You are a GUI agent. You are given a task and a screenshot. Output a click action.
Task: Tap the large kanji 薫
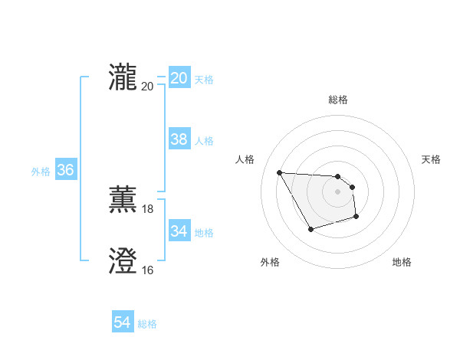click(x=123, y=200)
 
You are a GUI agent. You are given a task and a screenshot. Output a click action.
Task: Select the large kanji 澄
click(x=123, y=261)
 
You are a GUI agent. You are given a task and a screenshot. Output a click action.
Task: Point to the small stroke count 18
click(x=148, y=209)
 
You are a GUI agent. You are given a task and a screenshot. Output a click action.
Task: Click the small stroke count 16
click(x=148, y=270)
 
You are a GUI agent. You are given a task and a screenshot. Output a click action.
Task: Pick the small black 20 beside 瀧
click(x=148, y=86)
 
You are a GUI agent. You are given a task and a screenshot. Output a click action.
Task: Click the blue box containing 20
click(x=179, y=78)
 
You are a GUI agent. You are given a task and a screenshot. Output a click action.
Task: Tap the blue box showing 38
click(x=179, y=139)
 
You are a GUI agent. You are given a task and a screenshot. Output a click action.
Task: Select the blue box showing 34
click(x=179, y=231)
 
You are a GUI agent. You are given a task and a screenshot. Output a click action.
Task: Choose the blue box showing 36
click(x=65, y=170)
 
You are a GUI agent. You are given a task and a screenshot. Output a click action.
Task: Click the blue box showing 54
click(x=122, y=322)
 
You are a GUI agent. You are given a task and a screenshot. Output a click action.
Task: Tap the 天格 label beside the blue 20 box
click(x=204, y=80)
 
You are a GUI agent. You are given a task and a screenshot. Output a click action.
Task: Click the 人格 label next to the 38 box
click(x=204, y=141)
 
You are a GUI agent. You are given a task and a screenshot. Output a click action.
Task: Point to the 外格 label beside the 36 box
click(x=41, y=172)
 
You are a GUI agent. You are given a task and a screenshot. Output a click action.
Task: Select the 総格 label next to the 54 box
click(x=147, y=324)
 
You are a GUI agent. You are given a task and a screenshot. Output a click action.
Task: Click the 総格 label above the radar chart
click(x=337, y=100)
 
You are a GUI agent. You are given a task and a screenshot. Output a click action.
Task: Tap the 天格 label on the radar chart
click(x=431, y=159)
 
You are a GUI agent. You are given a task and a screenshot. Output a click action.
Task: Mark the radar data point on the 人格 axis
click(x=279, y=172)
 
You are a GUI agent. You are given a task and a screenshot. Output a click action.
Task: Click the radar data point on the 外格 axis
click(x=310, y=229)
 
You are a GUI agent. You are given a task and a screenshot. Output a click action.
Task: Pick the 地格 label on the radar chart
click(x=402, y=263)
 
